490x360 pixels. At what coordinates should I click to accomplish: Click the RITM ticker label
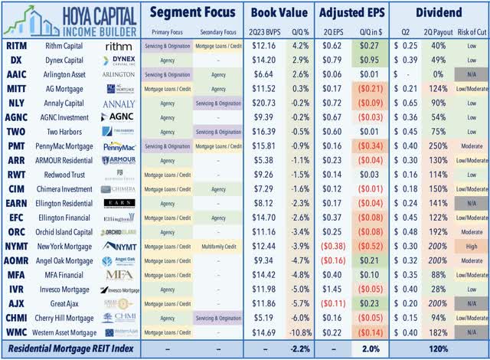[x=17, y=47]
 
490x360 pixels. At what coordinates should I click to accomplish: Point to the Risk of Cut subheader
[x=466, y=33]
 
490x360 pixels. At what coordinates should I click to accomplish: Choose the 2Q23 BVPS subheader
[x=263, y=33]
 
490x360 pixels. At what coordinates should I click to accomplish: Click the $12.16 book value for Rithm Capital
[x=263, y=47]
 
